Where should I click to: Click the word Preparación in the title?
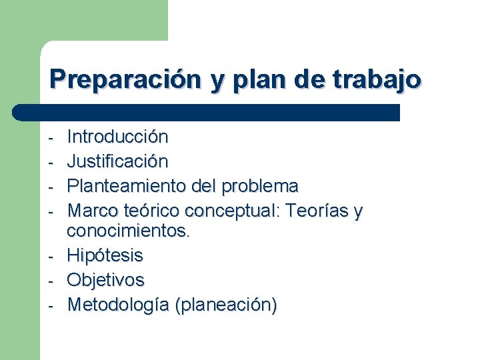click(x=125, y=79)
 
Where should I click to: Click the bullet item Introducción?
click(x=118, y=137)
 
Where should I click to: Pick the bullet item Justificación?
click(x=118, y=161)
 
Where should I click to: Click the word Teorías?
click(x=316, y=211)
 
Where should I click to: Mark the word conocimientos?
click(x=129, y=231)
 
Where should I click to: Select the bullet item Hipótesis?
click(x=105, y=255)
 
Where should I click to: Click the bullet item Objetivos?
click(x=106, y=280)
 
